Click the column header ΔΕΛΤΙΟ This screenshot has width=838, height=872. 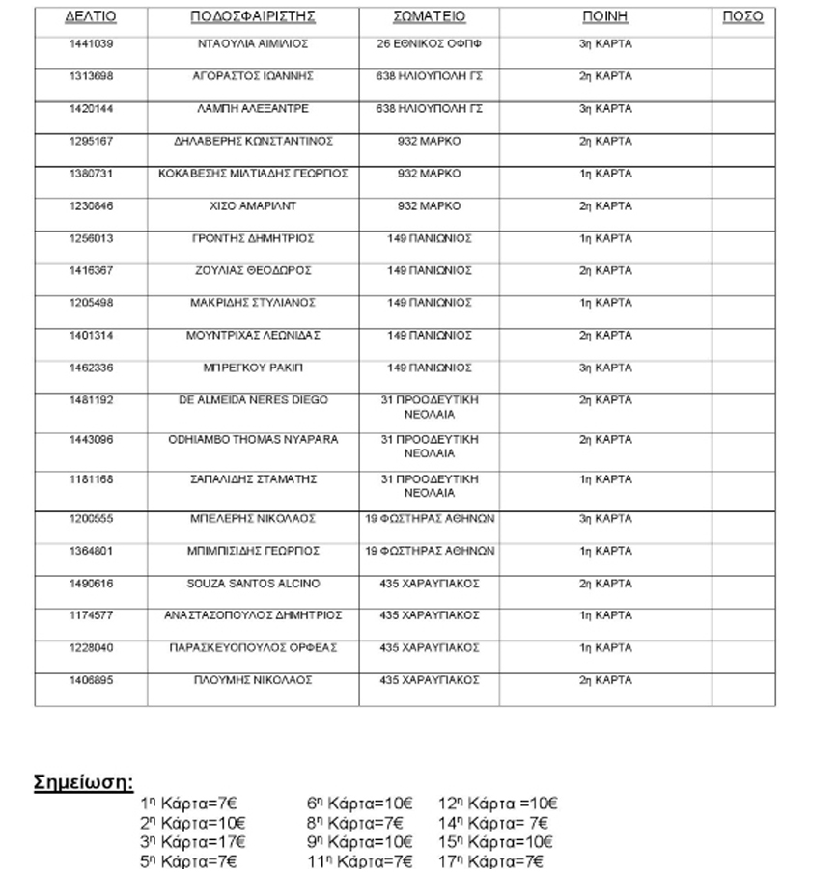[x=91, y=17]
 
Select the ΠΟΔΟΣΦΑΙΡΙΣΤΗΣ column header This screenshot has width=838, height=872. [x=253, y=17]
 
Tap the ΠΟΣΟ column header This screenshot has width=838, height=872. [x=742, y=17]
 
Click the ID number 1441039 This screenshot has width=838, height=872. [x=91, y=44]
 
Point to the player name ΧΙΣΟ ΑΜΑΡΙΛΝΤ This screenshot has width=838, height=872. [x=253, y=206]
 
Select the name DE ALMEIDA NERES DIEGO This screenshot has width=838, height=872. [x=254, y=400]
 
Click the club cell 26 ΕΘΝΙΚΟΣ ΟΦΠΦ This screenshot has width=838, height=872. [x=429, y=44]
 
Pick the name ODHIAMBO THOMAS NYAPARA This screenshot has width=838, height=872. [x=253, y=440]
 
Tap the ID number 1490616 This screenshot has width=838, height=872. [x=91, y=584]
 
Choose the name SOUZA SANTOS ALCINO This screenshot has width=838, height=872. [x=253, y=584]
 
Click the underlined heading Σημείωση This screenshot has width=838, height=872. [x=84, y=781]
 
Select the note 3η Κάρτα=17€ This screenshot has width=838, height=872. [x=193, y=842]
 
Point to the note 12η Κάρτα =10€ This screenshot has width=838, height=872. [x=498, y=804]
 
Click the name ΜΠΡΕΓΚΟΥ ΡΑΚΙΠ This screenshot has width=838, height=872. [x=253, y=368]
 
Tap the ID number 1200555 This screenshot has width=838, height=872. [x=91, y=519]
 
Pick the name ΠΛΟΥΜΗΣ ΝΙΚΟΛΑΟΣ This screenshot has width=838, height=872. [x=253, y=680]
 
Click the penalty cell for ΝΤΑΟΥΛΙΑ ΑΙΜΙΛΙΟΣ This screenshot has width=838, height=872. [x=605, y=44]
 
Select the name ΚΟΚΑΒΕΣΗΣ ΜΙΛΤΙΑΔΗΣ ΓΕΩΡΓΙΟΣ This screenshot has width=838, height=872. [x=253, y=174]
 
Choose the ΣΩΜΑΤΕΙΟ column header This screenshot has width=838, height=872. [x=429, y=17]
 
